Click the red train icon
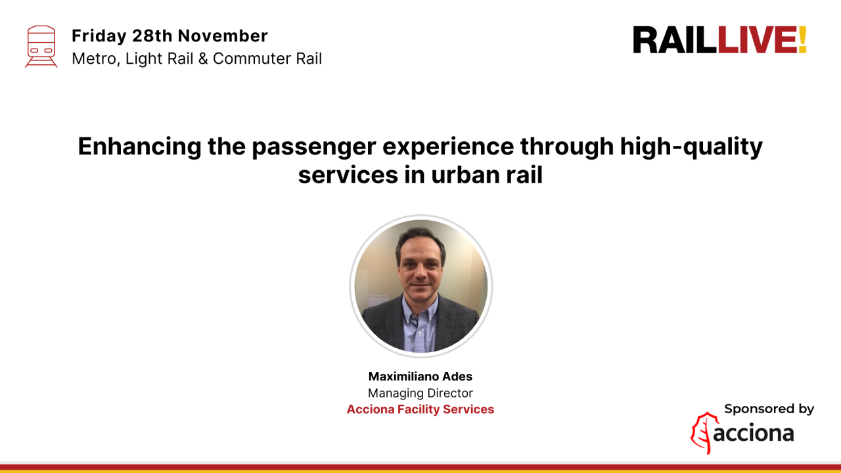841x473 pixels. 41,46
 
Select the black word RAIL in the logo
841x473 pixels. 675,40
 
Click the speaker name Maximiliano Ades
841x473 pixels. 420,376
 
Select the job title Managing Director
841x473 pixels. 420,393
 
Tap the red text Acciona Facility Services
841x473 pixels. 420,409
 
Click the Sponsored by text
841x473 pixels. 769,409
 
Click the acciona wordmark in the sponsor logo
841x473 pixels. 754,434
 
